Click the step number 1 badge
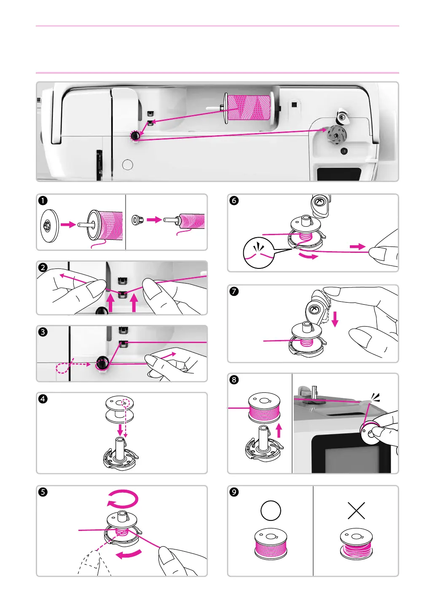(43, 201)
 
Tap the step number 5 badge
(43, 492)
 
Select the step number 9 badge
(234, 492)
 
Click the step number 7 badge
(234, 291)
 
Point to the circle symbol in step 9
(271, 511)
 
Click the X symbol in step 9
(356, 511)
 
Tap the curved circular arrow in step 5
(122, 499)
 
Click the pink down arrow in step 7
(335, 319)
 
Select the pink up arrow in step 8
(279, 430)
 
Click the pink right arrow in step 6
(357, 247)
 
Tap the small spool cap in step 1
(138, 220)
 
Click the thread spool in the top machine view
(249, 107)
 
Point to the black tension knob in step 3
(102, 362)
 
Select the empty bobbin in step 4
(119, 408)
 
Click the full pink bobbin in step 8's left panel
(264, 408)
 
